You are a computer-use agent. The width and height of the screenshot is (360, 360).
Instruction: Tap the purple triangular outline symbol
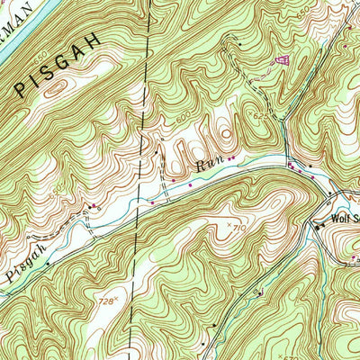(283, 60)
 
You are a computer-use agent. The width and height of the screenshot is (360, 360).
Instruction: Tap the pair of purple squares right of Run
(231, 160)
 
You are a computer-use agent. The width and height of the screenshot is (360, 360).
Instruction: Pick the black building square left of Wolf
(317, 226)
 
